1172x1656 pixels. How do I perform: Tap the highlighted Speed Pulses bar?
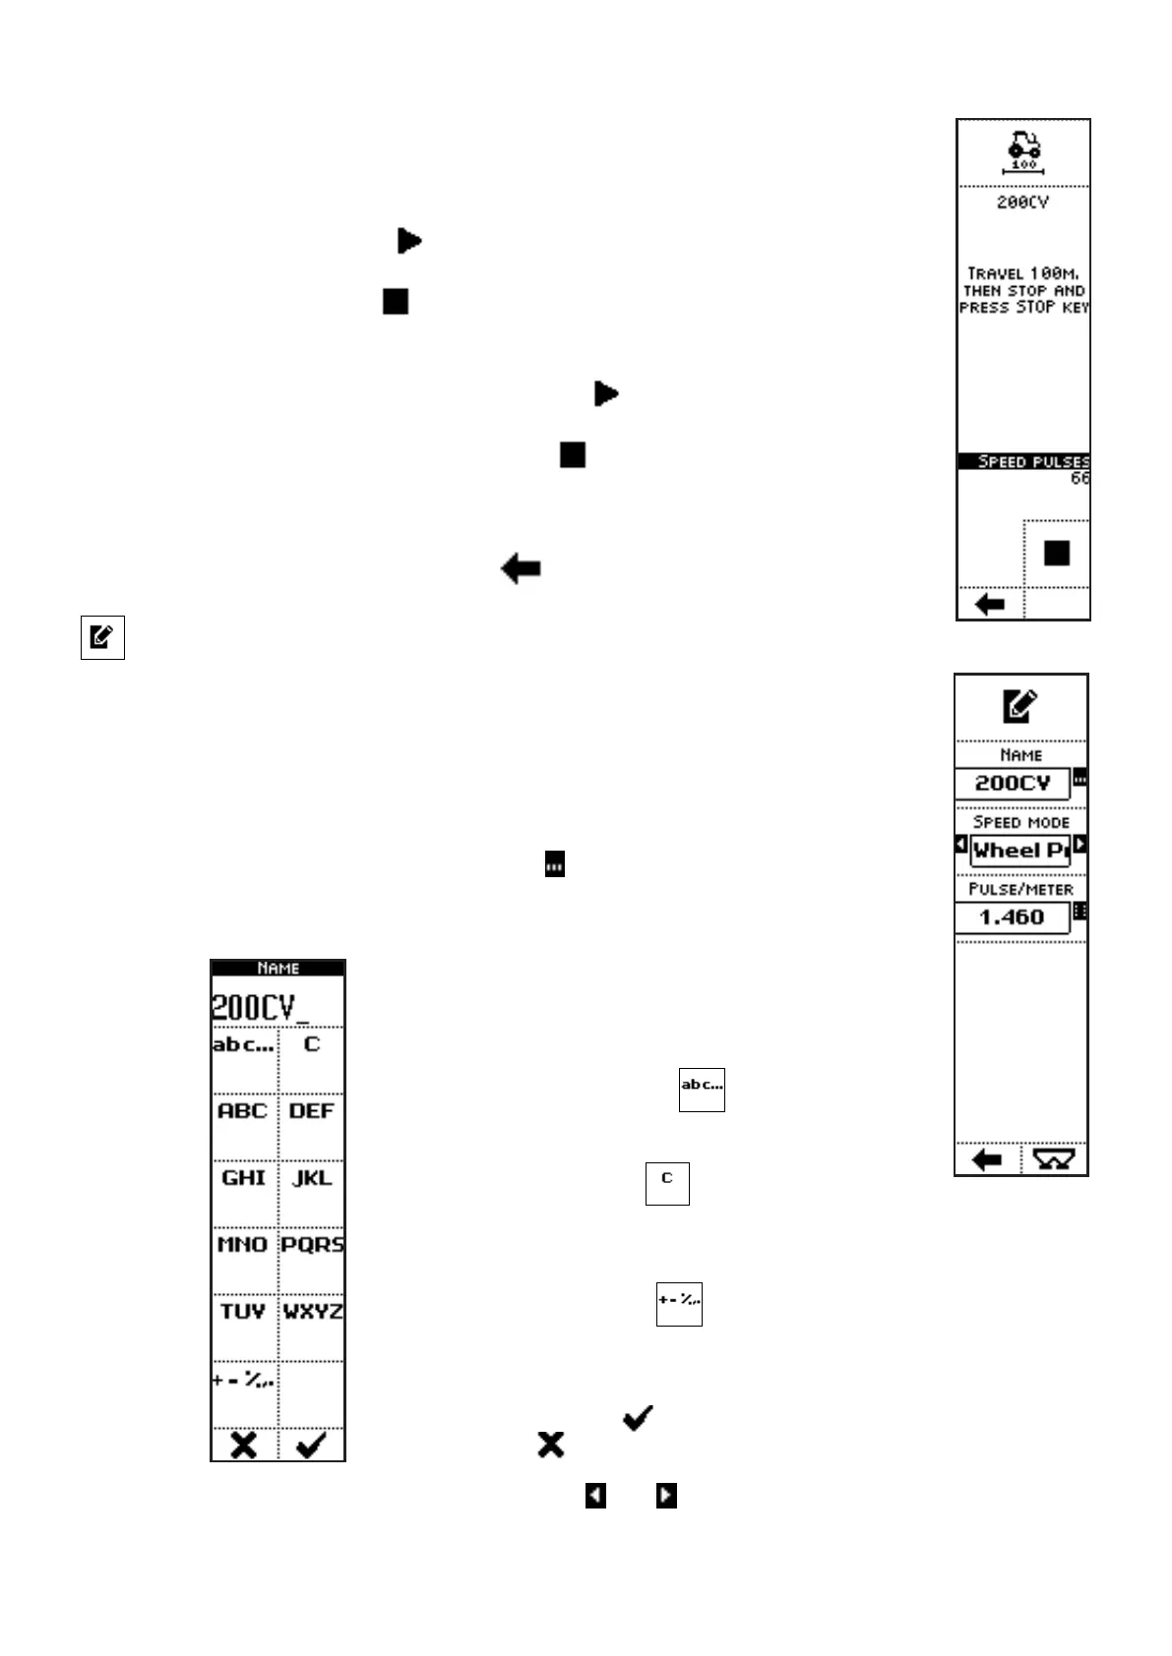pos(1023,461)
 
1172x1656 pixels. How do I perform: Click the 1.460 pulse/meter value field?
pos(1012,917)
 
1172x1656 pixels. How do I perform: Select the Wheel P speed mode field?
pos(1019,851)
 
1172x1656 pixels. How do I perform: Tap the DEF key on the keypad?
pos(311,1111)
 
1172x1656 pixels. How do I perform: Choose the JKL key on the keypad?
pos(311,1178)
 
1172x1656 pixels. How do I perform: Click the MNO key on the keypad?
pos(243,1245)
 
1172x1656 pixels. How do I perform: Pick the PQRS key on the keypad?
pos(311,1245)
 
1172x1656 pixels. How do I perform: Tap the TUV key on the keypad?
pos(243,1312)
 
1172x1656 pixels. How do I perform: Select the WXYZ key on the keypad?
pos(311,1312)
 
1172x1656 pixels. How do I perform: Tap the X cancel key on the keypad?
pos(243,1445)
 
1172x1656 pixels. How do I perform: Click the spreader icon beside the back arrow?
pos(1053,1160)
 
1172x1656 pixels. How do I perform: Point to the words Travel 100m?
pos(1023,273)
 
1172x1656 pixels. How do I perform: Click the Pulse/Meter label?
pos(1020,889)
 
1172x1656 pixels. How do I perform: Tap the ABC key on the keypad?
pos(243,1111)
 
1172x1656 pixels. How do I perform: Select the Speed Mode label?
pos(1020,822)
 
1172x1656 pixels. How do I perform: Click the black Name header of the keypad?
pos(278,968)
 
